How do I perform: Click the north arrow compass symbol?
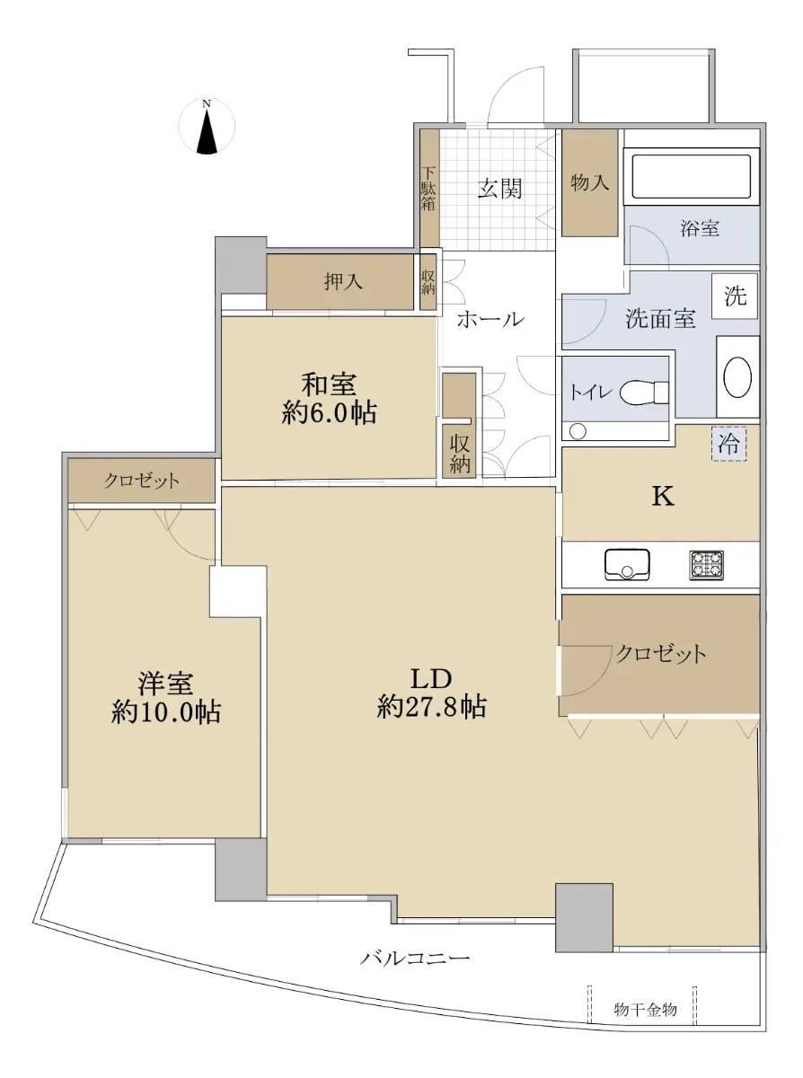[207, 127]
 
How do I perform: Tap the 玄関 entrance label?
[499, 189]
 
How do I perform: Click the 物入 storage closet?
[589, 182]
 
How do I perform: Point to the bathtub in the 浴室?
[692, 176]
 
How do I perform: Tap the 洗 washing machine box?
[735, 296]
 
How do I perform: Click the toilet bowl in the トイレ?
[644, 393]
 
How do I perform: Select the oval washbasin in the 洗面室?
[737, 377]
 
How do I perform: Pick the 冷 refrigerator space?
[729, 444]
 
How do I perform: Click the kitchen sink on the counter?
[627, 564]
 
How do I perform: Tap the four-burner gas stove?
[706, 565]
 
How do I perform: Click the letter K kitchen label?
[663, 497]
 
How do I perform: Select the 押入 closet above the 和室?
[340, 282]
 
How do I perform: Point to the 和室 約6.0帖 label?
[329, 399]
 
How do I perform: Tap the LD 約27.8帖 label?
[432, 693]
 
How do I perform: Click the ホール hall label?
[491, 319]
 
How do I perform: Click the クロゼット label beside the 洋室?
[141, 481]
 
